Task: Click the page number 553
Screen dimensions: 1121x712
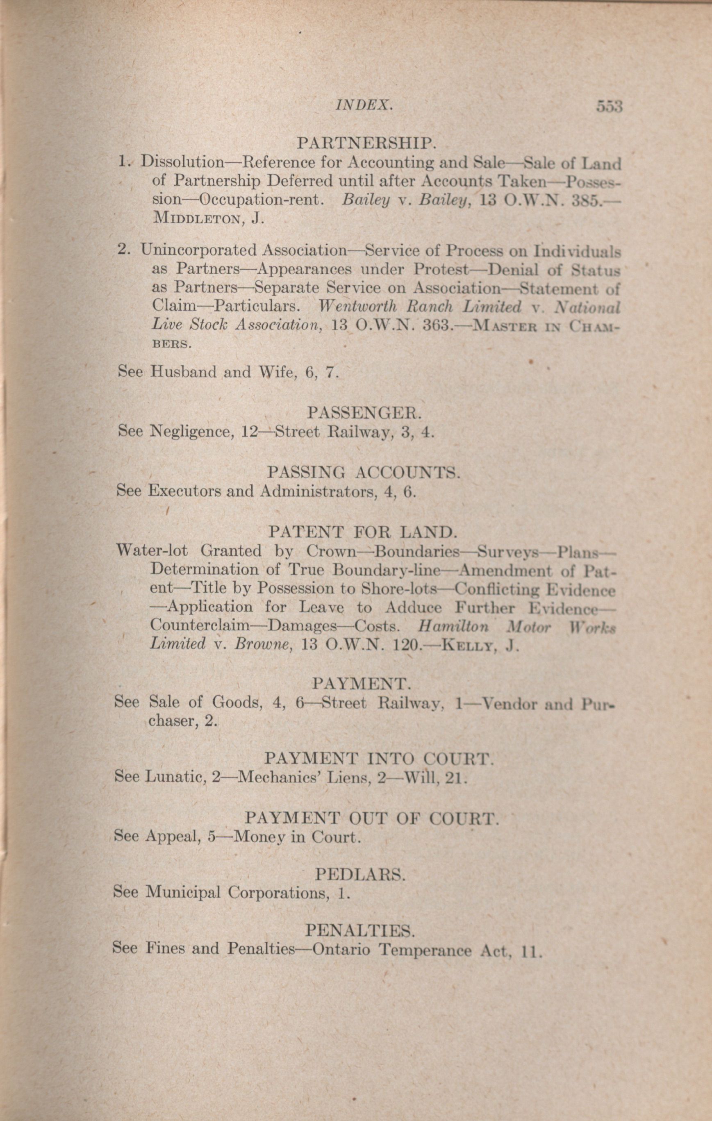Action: point(609,107)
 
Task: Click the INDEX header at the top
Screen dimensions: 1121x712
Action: point(364,106)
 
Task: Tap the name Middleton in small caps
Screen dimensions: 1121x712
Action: point(198,219)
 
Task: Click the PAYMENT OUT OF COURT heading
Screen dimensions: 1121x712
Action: point(372,819)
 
